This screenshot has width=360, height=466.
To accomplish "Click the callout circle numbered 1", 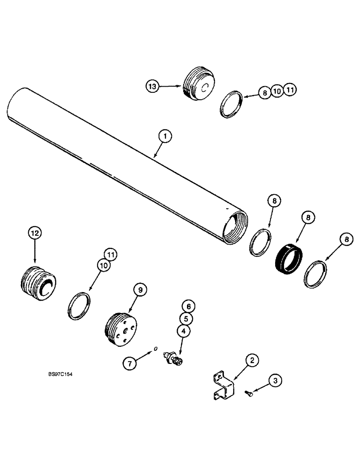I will [x=165, y=137].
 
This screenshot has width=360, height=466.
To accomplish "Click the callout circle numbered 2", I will [x=252, y=360].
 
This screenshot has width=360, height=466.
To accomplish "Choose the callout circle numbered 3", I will [x=276, y=381].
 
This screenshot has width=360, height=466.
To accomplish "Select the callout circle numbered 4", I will [x=183, y=331].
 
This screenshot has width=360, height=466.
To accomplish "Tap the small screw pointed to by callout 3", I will [x=249, y=394].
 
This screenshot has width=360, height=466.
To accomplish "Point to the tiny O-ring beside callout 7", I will [x=156, y=348].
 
